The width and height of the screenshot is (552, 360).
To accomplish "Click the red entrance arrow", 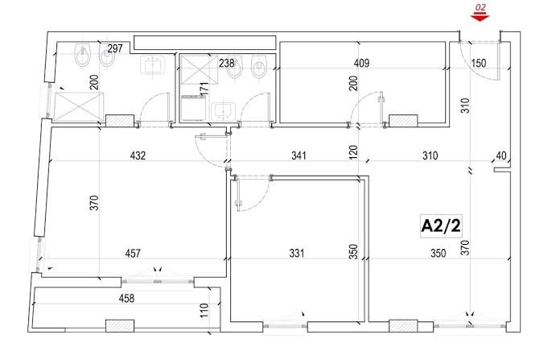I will (480, 17).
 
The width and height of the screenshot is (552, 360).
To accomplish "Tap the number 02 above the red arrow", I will (480, 7).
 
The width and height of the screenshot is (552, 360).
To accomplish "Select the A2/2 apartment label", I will (441, 226).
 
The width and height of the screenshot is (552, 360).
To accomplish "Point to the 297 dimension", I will (115, 48).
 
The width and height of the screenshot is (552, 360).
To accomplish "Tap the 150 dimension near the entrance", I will (480, 63).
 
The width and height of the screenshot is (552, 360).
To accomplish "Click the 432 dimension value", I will (138, 155).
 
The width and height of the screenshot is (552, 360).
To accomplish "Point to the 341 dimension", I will (299, 155).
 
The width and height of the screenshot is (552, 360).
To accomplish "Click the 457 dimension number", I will (133, 254).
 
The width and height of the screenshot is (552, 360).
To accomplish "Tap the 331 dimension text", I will (297, 254).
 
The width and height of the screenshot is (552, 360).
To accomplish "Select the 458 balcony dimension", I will (126, 299).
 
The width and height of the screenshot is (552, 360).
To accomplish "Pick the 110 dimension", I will (204, 308).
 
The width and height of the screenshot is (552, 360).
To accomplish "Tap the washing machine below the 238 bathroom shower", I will (192, 107).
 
